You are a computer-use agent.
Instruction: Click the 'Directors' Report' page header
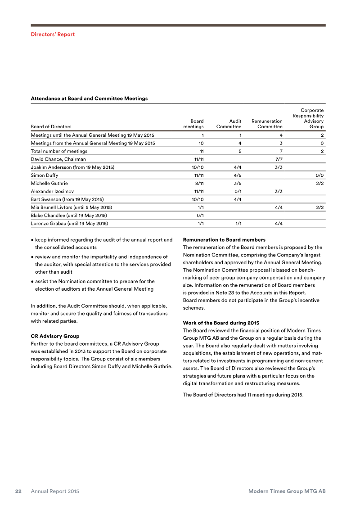point(53,34)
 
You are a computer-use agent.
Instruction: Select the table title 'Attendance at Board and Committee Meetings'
point(89,98)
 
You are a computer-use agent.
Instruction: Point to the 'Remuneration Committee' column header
point(267,124)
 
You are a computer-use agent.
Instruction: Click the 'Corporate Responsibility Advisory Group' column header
point(308,118)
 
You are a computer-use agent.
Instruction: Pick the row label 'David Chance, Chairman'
point(58,159)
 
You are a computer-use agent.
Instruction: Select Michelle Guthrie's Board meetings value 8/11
point(198,183)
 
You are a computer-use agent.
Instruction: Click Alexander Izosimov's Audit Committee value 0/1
point(237,191)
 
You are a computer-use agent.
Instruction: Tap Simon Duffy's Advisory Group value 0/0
point(319,175)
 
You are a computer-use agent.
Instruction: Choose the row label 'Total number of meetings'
point(59,151)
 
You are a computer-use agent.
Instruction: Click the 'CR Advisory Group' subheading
point(55,336)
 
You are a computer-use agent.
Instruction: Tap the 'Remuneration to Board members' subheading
point(224,239)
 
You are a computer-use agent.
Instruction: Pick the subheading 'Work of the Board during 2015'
point(221,323)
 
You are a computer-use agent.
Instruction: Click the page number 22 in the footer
point(19,491)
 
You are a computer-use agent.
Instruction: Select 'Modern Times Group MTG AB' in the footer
point(287,491)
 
